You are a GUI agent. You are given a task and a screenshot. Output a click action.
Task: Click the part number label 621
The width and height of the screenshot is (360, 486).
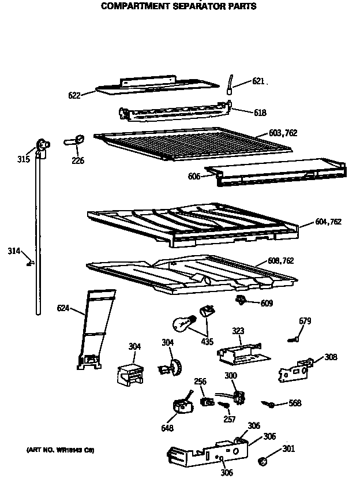tap(258, 81)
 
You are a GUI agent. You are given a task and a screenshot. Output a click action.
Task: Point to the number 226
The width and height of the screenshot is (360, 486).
tap(78, 160)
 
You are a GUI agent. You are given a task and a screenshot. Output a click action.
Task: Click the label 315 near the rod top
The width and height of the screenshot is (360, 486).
tap(24, 159)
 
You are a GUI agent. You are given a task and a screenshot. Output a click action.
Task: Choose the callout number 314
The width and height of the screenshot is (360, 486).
tap(14, 251)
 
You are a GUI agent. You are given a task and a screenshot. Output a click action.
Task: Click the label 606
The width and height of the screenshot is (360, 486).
tap(194, 176)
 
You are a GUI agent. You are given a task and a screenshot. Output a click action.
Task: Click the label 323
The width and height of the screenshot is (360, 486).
tap(238, 331)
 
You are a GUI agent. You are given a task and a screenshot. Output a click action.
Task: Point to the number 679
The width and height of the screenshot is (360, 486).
tap(305, 321)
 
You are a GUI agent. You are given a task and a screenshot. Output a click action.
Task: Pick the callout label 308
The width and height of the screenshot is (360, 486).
tap(331, 357)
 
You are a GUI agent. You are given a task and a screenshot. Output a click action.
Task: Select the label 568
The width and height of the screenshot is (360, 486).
tap(294, 403)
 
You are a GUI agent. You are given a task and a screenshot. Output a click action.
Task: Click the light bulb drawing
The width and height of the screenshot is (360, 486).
tap(183, 324)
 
